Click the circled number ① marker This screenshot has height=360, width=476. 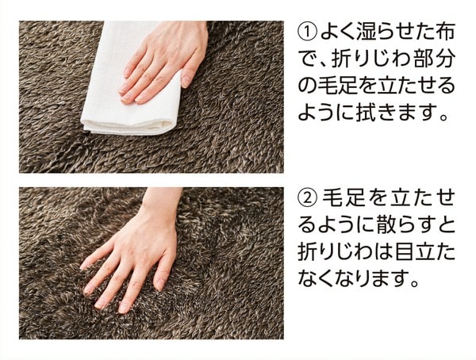(x=308, y=32)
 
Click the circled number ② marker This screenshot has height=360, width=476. (x=308, y=198)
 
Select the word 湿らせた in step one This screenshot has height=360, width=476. (x=388, y=32)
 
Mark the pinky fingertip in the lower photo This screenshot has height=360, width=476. (x=83, y=267)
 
